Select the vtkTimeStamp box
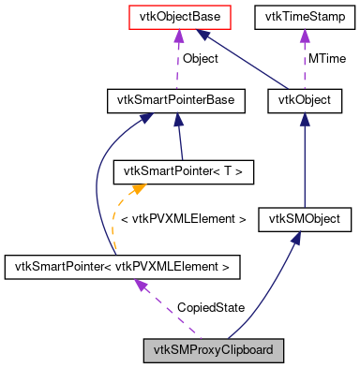pos(302,16)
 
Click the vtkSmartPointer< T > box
pos(166,170)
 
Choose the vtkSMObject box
pos(309,219)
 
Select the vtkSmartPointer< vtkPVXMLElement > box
pos(121,268)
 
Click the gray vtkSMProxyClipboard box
pos(213,351)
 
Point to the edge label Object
pos(200,58)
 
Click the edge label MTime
pos(325,58)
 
